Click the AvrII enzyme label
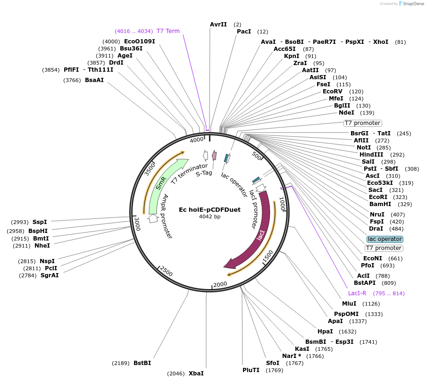218,24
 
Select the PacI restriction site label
244,32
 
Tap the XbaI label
196,374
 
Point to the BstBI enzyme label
142,363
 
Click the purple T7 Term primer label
168,31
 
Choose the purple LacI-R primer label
357,293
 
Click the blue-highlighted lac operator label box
384,239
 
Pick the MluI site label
349,304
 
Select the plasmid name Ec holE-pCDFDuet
209,209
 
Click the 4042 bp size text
209,217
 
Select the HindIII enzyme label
371,155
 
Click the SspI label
40,222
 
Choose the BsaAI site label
94,80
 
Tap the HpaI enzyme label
325,332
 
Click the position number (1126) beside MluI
371,304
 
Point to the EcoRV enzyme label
333,91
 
